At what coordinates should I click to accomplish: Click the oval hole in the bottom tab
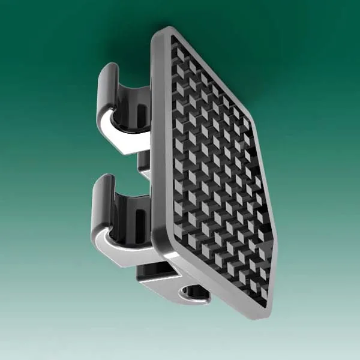pos(195,292)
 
